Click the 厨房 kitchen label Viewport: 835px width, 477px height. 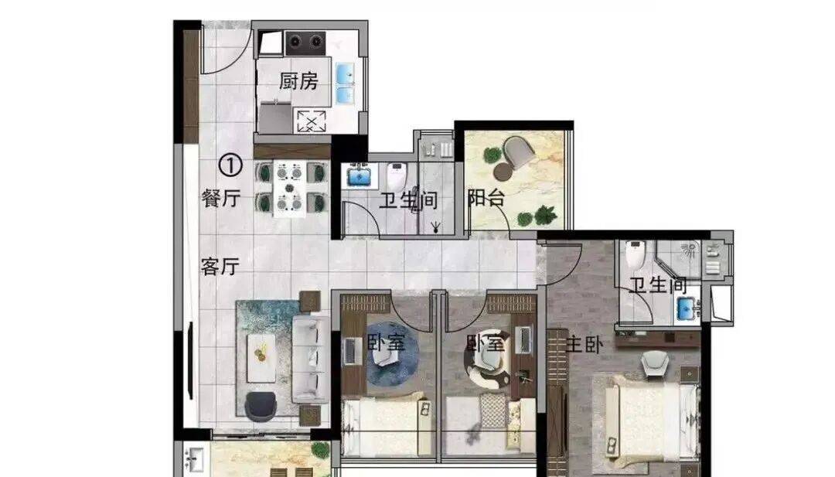(x=298, y=81)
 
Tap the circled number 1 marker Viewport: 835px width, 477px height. (x=230, y=165)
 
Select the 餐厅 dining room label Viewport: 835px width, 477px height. (x=221, y=198)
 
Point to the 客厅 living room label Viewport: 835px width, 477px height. (x=220, y=266)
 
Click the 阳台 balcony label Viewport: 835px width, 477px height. (x=486, y=198)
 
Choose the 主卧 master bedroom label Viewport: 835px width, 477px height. (x=584, y=345)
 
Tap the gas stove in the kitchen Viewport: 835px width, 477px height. (x=305, y=43)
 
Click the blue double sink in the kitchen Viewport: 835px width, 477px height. (x=345, y=83)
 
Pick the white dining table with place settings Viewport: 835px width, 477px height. (x=290, y=189)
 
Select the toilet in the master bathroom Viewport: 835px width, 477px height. (x=636, y=254)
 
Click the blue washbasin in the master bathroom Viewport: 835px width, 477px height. (x=687, y=308)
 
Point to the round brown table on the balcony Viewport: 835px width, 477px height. (x=503, y=172)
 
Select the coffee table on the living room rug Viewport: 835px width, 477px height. (x=261, y=358)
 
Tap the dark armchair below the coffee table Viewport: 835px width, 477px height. (x=261, y=406)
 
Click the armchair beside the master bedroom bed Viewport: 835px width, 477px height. (x=655, y=365)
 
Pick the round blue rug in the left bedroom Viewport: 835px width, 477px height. (x=393, y=354)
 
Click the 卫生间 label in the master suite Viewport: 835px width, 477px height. (x=658, y=285)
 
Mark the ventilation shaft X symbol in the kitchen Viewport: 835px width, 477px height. (x=311, y=121)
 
